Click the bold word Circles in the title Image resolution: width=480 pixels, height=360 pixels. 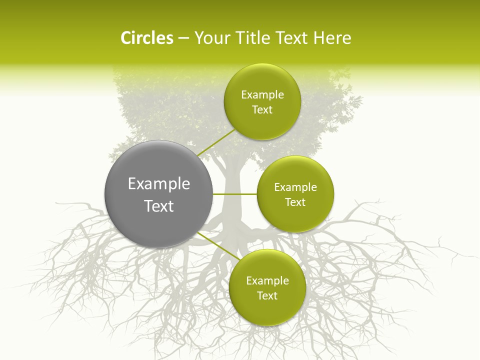pos(147,38)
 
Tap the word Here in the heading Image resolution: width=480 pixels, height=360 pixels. pos(332,38)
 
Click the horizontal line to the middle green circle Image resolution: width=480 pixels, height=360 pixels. pos(235,194)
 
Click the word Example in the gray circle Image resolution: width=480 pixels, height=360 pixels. pos(159,184)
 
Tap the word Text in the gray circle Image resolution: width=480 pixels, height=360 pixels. pos(159,206)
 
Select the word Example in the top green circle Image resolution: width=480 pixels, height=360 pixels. pos(262,95)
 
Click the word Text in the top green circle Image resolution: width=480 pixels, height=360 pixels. pos(262,110)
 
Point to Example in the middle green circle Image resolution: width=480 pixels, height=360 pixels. pos(295,187)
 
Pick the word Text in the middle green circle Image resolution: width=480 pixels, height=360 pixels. pos(295,202)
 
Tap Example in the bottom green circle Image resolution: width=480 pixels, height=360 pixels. pos(267,281)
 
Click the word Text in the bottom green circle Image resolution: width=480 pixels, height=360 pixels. pos(267,296)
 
